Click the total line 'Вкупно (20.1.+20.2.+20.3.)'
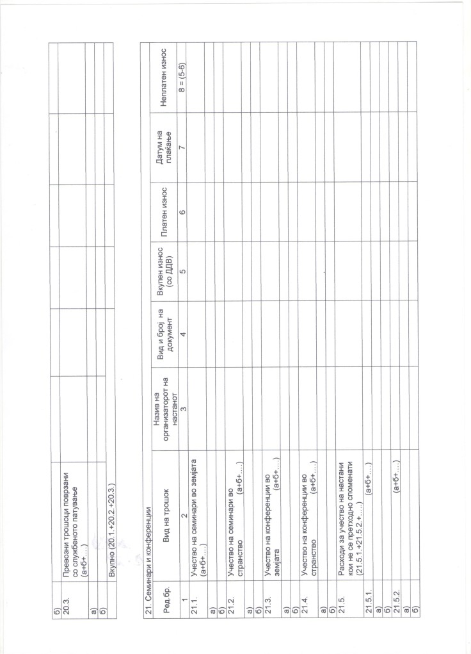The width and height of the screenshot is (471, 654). click(111, 534)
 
